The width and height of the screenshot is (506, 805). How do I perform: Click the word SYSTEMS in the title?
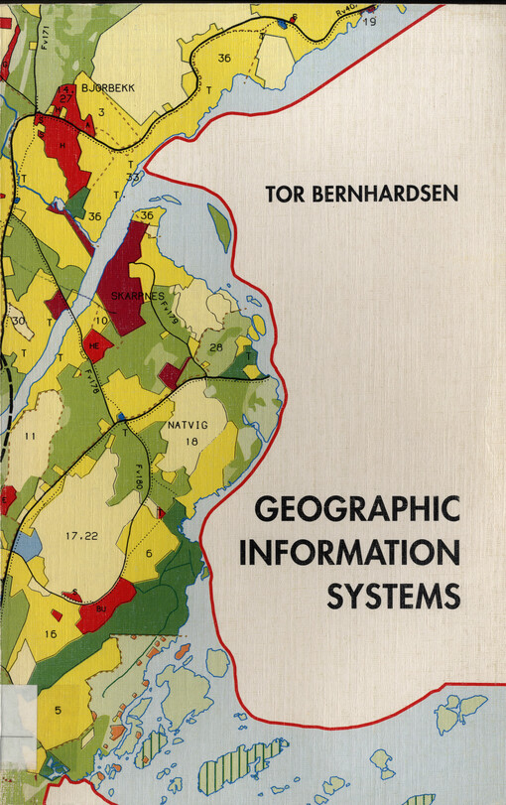tap(394, 597)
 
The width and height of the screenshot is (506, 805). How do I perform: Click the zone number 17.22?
tap(82, 536)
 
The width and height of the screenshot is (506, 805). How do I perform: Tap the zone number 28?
tap(215, 347)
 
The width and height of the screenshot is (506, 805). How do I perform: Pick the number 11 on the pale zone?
tap(29, 436)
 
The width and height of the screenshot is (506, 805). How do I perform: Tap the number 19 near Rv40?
tap(369, 22)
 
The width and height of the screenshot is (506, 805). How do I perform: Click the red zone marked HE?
tap(95, 345)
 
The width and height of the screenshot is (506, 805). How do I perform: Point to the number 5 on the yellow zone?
tap(58, 710)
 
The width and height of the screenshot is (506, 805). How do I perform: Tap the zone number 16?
tap(51, 632)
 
